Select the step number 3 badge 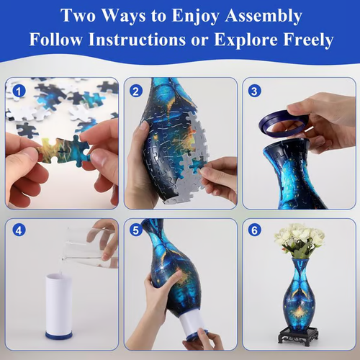254,91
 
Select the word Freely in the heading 303,40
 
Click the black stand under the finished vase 298,336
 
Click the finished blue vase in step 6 298,295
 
